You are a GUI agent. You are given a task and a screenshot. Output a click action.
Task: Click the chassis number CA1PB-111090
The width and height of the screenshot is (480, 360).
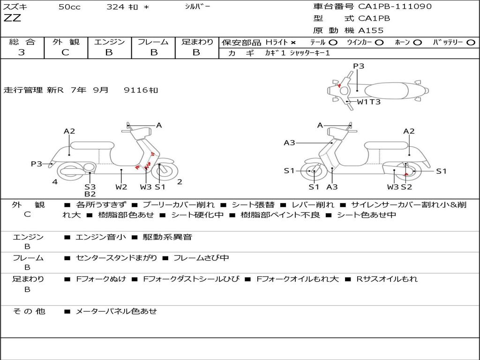pyautogui.click(x=395, y=6)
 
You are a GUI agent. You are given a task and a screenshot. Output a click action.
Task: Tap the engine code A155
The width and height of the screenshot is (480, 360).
pyautogui.click(x=371, y=30)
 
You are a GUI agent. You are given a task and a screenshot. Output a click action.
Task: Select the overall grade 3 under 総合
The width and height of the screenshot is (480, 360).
pyautogui.click(x=22, y=52)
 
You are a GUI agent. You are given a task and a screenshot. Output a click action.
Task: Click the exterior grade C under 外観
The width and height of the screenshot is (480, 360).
pyautogui.click(x=65, y=52)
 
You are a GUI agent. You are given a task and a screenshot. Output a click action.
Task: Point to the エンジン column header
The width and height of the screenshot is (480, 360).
pyautogui.click(x=109, y=42)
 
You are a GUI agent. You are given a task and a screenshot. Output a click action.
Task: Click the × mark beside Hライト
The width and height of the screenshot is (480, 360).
pyautogui.click(x=293, y=43)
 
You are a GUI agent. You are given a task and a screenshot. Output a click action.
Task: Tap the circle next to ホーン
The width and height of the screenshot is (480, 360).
pyautogui.click(x=417, y=43)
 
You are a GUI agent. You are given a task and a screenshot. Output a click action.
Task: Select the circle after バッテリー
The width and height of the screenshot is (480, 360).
pyautogui.click(x=471, y=43)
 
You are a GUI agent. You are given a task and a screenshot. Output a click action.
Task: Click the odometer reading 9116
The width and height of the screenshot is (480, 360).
pyautogui.click(x=136, y=90)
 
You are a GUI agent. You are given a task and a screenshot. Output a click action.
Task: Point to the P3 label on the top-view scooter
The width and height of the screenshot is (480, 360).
pyautogui.click(x=359, y=66)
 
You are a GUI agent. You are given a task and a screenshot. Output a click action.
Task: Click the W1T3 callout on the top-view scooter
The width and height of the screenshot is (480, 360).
pyautogui.click(x=368, y=102)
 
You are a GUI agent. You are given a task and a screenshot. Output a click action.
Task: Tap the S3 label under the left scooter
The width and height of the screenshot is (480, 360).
pyautogui.click(x=90, y=187)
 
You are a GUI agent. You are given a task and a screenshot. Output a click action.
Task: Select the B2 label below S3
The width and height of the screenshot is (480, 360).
pyautogui.click(x=90, y=194)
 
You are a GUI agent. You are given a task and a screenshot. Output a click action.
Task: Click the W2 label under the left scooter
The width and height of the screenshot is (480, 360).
pyautogui.click(x=121, y=187)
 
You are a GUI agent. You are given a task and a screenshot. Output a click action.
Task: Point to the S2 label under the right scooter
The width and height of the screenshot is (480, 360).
pyautogui.click(x=406, y=187)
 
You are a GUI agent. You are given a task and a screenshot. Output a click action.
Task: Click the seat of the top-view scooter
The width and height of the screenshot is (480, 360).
pyautogui.click(x=386, y=91)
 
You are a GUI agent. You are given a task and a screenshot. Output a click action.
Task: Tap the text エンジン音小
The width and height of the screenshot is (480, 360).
pyautogui.click(x=100, y=237)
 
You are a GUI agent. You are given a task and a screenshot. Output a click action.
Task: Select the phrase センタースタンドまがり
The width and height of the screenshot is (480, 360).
pyautogui.click(x=116, y=258)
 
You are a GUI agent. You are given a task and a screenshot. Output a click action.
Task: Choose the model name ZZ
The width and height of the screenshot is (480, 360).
pyautogui.click(x=12, y=18)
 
